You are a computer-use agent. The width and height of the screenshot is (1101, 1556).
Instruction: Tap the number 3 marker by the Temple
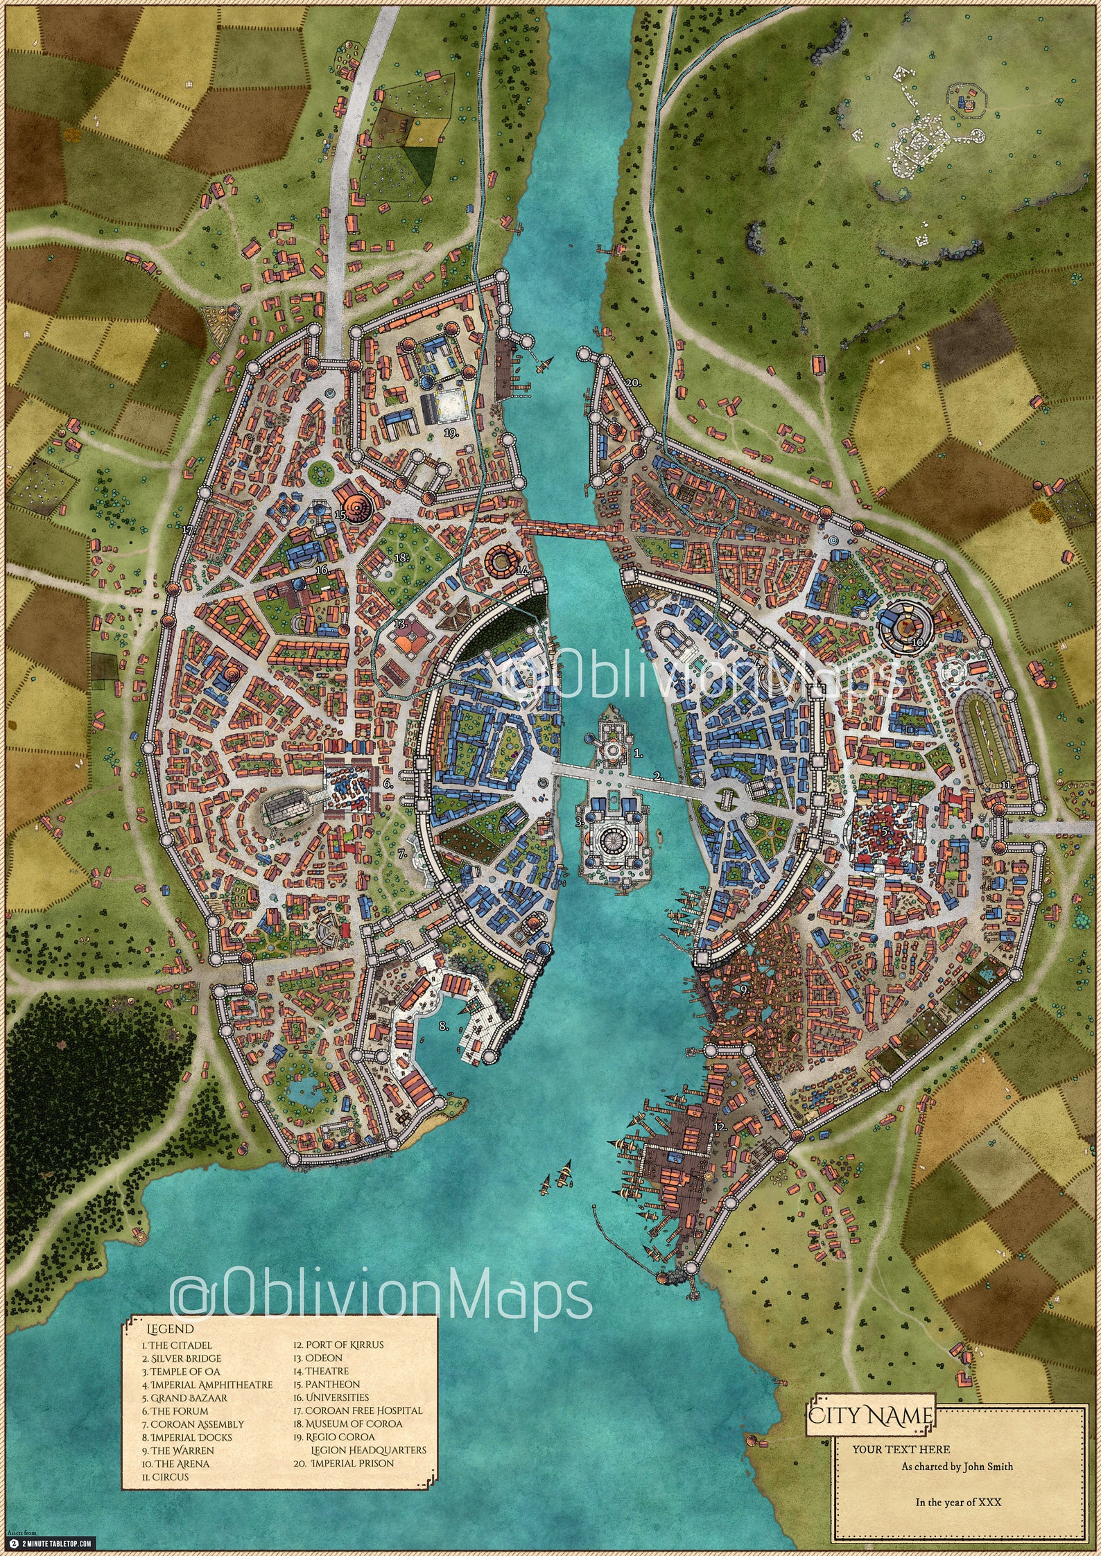tap(579, 822)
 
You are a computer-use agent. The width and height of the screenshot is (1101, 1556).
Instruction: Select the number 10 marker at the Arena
tap(917, 642)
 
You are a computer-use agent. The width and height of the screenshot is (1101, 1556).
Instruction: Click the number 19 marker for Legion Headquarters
tap(452, 432)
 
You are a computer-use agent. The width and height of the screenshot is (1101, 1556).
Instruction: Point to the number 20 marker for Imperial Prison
tap(632, 382)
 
